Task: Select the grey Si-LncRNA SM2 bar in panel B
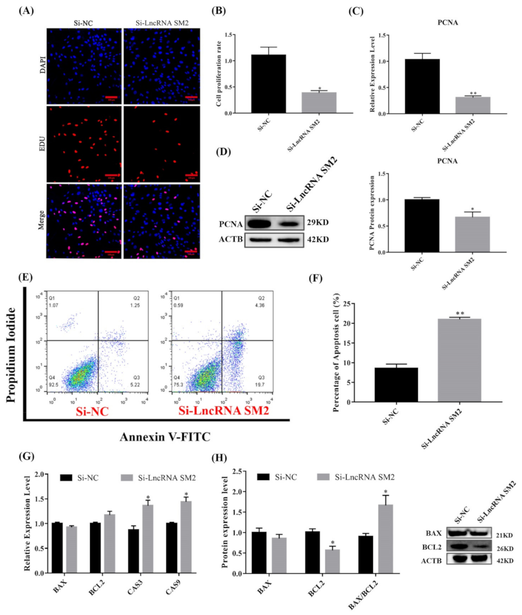tap(318, 103)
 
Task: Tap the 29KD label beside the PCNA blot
tap(318, 222)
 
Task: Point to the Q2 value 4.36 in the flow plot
tap(260, 305)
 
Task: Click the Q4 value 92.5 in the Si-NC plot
tap(53, 385)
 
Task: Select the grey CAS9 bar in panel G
tap(186, 537)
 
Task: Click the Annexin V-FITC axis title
tap(165, 437)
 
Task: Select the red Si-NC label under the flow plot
tap(92, 411)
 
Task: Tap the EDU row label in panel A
tap(42, 143)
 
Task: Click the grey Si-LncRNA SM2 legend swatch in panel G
tap(127, 478)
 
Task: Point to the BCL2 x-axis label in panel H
tap(316, 588)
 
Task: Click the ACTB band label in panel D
tap(231, 239)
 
